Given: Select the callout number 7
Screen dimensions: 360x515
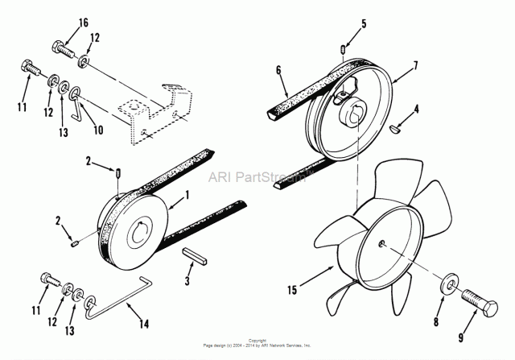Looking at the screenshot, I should [415, 64].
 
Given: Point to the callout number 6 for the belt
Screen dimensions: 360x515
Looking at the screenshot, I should [278, 71].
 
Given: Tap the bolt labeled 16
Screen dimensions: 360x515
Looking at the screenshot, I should [64, 51].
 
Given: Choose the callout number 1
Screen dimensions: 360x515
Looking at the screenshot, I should [187, 194].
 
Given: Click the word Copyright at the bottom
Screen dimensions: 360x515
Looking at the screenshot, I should [257, 341].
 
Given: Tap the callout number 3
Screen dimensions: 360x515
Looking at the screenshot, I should [187, 281].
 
